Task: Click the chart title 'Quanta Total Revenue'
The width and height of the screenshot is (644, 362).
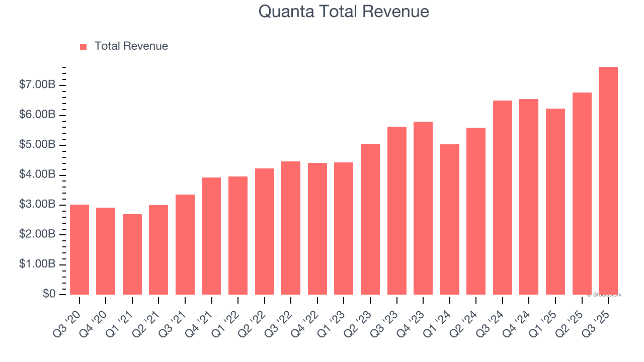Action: coord(344,12)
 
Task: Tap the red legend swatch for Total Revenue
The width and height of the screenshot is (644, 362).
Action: coord(84,47)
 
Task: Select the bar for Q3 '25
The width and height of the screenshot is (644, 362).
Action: coord(608,181)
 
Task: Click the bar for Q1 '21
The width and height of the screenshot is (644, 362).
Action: coord(132,254)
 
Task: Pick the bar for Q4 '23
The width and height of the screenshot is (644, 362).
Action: coord(423,208)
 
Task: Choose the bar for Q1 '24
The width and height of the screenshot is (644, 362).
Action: coord(449,219)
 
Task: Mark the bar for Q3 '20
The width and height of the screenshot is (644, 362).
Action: coord(79,249)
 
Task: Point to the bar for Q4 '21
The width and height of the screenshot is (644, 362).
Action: coord(211,236)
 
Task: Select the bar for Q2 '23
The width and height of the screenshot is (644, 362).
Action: coord(370,219)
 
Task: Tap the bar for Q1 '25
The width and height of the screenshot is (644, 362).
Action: coord(555,202)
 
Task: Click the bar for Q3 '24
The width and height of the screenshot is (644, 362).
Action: coord(502,198)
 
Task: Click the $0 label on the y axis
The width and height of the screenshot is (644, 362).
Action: coord(49,294)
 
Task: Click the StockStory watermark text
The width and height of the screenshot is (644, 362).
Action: coord(604,295)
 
